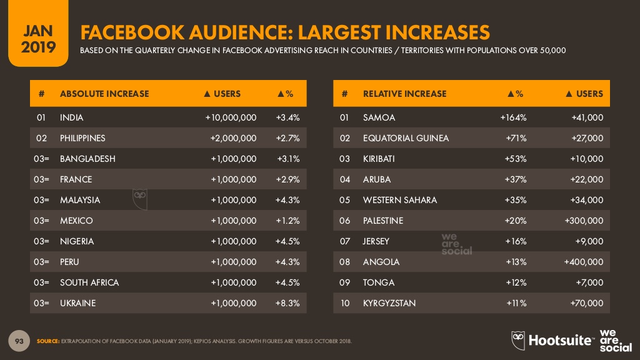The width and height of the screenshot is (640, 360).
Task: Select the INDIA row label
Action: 71,117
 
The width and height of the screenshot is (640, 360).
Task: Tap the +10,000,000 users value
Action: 231,117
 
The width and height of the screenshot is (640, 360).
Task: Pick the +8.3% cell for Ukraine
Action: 287,303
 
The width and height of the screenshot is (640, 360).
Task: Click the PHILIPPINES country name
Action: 82,138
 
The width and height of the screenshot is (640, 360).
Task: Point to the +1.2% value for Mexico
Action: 287,221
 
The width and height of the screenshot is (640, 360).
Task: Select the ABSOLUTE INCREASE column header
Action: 104,94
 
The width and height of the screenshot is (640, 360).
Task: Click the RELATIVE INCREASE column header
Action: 404,94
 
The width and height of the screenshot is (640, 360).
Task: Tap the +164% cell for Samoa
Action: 513,117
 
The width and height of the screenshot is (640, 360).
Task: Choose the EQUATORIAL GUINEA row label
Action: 406,138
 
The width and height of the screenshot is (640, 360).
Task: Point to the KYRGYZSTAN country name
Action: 389,303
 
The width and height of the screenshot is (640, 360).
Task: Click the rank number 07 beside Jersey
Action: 344,241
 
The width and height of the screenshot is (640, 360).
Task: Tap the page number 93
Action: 19,341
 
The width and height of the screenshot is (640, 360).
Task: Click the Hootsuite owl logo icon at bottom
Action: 518,339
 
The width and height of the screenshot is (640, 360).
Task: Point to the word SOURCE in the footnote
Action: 47,341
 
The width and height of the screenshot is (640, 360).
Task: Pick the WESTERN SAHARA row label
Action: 399,200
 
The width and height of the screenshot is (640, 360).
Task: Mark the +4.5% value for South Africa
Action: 287,282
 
